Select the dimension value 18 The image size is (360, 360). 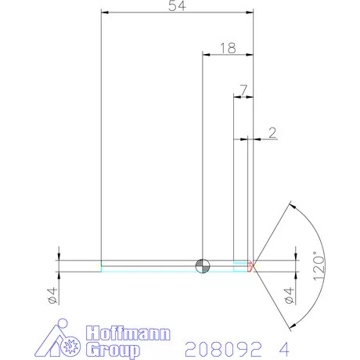229,48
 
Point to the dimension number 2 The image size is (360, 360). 272,133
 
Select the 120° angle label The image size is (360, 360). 318,266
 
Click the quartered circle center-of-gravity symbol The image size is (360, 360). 203,266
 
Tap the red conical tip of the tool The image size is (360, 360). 251,266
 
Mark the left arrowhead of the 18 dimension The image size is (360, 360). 206,54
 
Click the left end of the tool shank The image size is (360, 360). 102,266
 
